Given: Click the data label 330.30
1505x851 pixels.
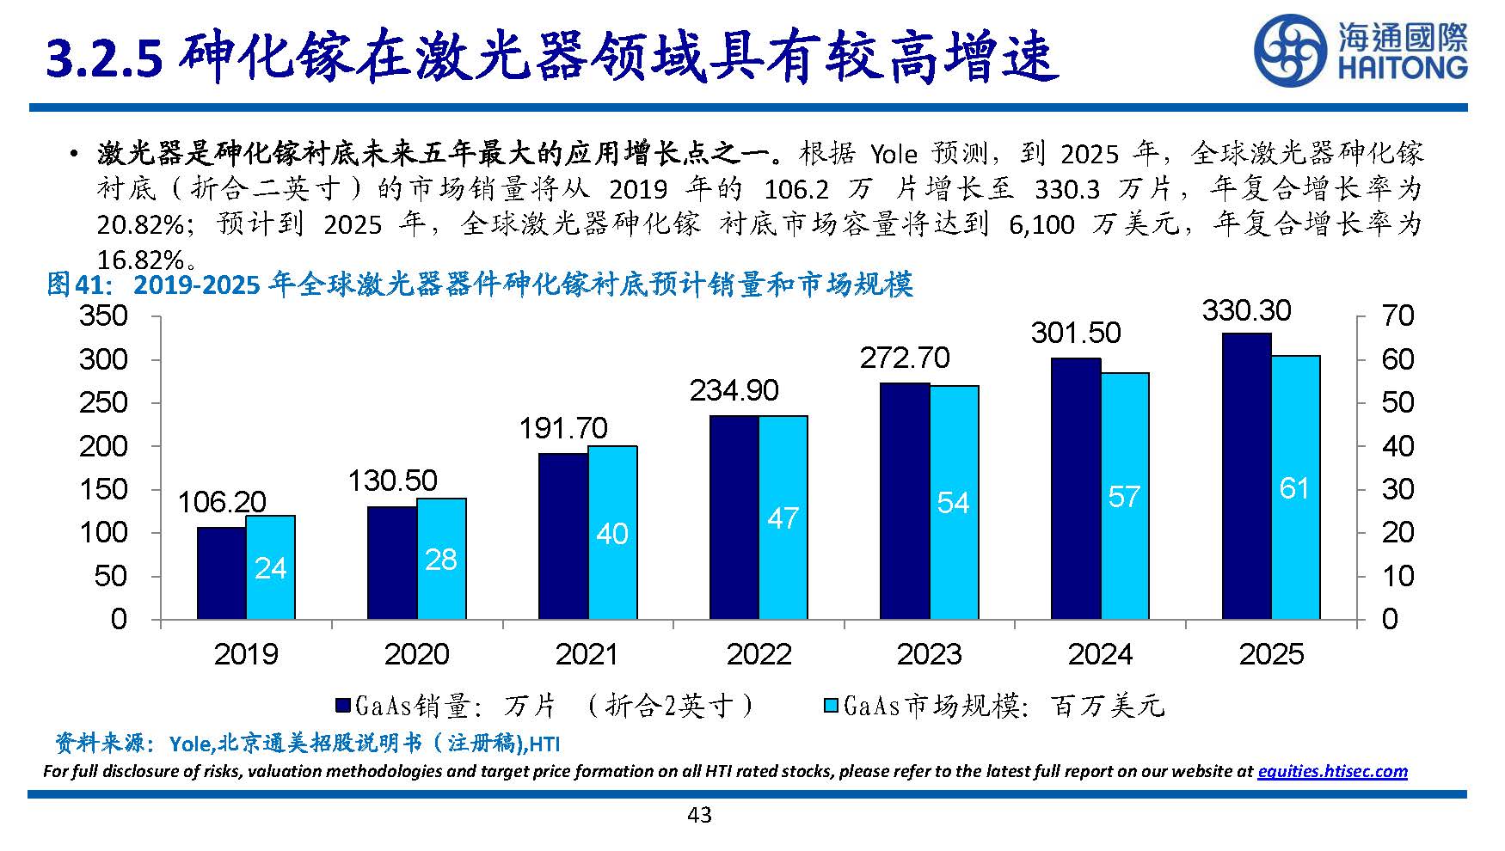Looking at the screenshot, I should click(x=1246, y=310).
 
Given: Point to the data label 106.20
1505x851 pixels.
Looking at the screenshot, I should click(x=222, y=502).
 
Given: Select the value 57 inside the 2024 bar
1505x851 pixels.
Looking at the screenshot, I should click(x=1124, y=497).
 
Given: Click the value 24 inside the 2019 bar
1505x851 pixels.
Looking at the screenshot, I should click(x=271, y=568).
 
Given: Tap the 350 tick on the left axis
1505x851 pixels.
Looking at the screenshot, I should click(x=103, y=315).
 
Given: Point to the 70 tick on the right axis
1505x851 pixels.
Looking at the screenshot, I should click(x=1397, y=315).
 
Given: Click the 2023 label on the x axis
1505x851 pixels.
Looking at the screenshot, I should click(x=929, y=654).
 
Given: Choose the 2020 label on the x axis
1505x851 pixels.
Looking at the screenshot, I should click(x=416, y=654).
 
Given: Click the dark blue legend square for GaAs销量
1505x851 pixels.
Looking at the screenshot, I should click(x=342, y=706).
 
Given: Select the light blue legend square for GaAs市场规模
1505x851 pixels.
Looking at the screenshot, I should click(x=831, y=706).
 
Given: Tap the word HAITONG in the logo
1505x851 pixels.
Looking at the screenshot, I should click(x=1402, y=68).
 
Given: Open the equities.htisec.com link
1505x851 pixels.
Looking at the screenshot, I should click(x=1332, y=771).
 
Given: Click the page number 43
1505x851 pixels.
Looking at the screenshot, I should click(x=699, y=815).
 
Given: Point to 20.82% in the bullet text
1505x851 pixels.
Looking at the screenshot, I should click(x=139, y=224).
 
